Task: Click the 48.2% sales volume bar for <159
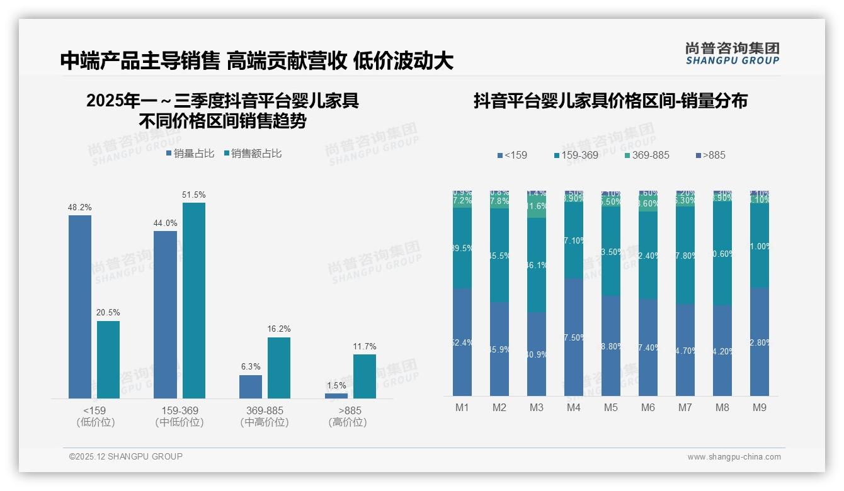tap(80, 307)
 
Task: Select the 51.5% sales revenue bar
tap(194, 300)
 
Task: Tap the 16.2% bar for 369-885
tap(279, 368)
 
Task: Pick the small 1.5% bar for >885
tap(336, 395)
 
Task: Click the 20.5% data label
tap(108, 313)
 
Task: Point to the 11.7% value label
tap(365, 346)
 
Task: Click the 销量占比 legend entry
tap(190, 153)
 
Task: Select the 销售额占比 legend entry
tap(253, 153)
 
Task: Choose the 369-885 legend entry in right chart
tap(647, 155)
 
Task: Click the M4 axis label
tap(573, 407)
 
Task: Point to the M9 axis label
tap(760, 407)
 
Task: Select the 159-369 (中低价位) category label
tap(180, 416)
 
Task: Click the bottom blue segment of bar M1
tap(462, 342)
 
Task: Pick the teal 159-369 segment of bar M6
tap(648, 255)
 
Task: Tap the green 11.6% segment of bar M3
tap(537, 207)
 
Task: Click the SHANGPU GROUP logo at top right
tap(732, 54)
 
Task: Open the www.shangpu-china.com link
tap(734, 457)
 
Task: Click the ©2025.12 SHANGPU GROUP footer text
tap(125, 456)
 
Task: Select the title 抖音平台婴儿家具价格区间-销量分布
tap(610, 101)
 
